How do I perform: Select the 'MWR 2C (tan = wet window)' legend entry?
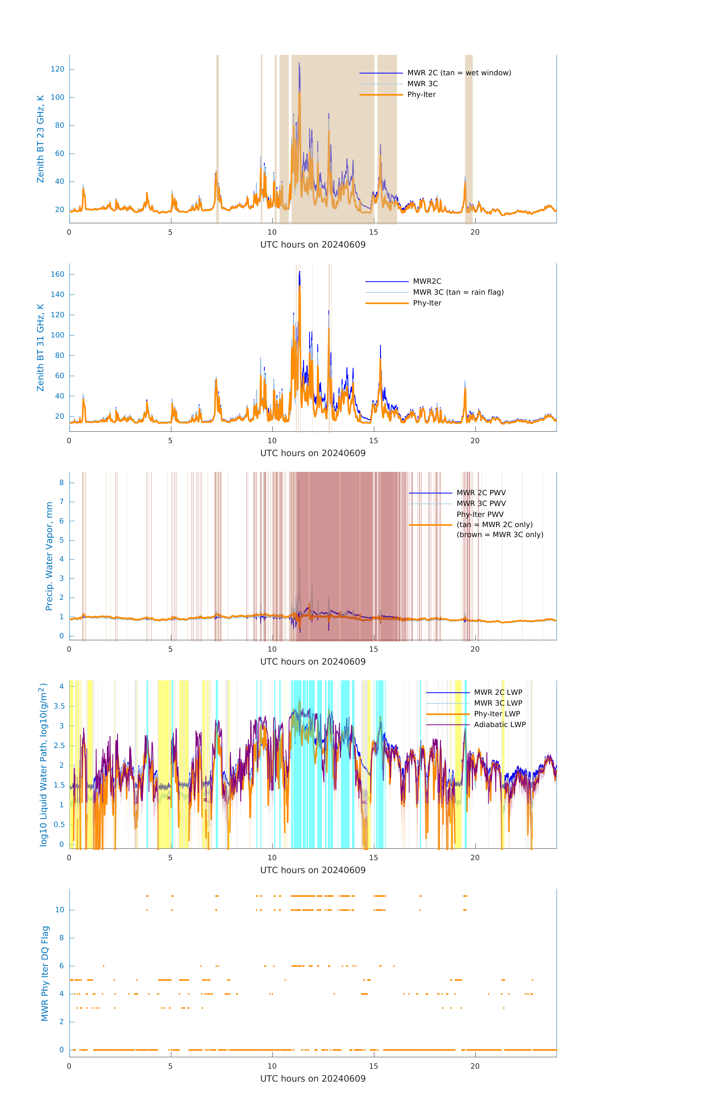tap(459, 73)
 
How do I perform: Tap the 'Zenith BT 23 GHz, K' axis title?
tap(41, 139)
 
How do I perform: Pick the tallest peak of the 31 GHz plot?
tap(299, 272)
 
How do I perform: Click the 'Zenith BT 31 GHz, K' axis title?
tap(41, 347)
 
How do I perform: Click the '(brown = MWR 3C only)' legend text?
tap(500, 535)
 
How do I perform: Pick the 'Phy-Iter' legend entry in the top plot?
tap(421, 95)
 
